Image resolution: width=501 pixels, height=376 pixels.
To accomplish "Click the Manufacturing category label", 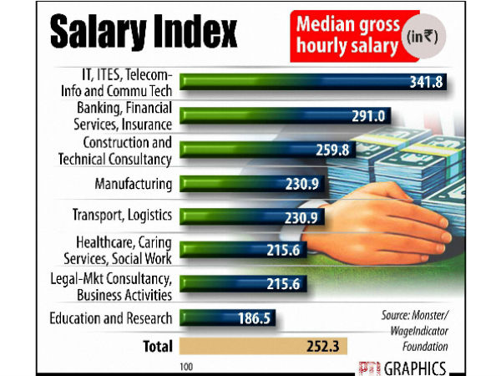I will point(134,183).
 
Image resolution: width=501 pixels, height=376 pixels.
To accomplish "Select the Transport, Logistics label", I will point(123,216).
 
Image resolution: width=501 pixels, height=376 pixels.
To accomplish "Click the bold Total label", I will point(157,345).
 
